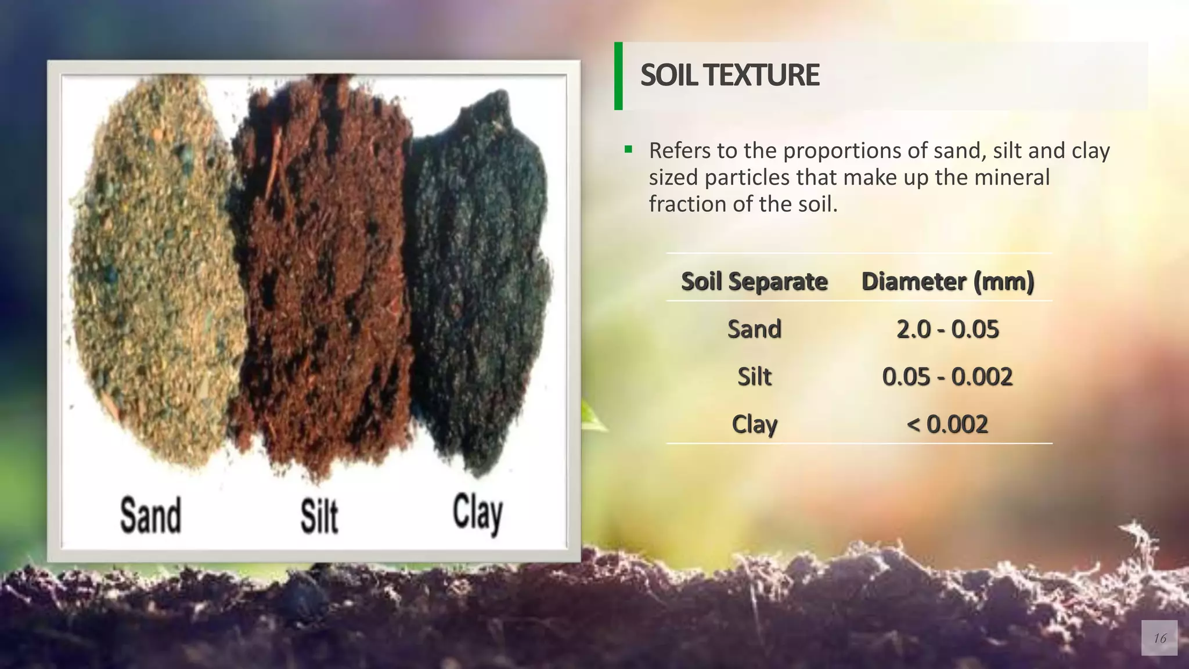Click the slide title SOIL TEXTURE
pyautogui.click(x=730, y=75)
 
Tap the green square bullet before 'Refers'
pyautogui.click(x=628, y=150)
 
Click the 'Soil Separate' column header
pyautogui.click(x=754, y=281)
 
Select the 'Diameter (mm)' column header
pyautogui.click(x=947, y=281)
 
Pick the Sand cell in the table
pyautogui.click(x=754, y=329)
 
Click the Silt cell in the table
pyautogui.click(x=754, y=377)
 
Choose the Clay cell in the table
pyautogui.click(x=754, y=425)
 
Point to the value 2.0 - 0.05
pyautogui.click(x=947, y=329)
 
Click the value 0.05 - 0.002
pyautogui.click(x=947, y=377)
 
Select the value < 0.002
pyautogui.click(x=947, y=425)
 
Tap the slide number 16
pyautogui.click(x=1159, y=638)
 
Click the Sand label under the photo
pyautogui.click(x=150, y=516)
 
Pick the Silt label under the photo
pyautogui.click(x=319, y=516)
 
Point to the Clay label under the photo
pyautogui.click(x=477, y=514)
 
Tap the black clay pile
pyautogui.click(x=479, y=279)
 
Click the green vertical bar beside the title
pyautogui.click(x=618, y=75)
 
